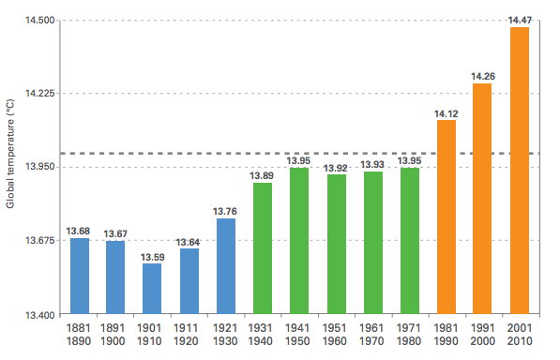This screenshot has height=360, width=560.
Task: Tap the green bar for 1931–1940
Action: (262, 248)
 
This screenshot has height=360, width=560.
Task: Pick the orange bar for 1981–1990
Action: (446, 217)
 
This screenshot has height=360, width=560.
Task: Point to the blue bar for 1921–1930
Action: (225, 266)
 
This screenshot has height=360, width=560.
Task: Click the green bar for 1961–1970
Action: (372, 243)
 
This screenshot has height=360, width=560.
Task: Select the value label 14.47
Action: (519, 20)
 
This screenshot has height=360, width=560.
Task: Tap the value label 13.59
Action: (152, 257)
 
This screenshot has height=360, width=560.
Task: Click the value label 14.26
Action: (482, 76)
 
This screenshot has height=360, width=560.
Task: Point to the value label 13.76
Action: (225, 211)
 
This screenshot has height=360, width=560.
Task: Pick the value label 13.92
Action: (336, 168)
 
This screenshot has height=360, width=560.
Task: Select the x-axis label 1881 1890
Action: (79, 336)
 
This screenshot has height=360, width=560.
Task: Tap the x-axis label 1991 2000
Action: (482, 336)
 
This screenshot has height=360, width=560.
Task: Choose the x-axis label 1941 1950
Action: (299, 336)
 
